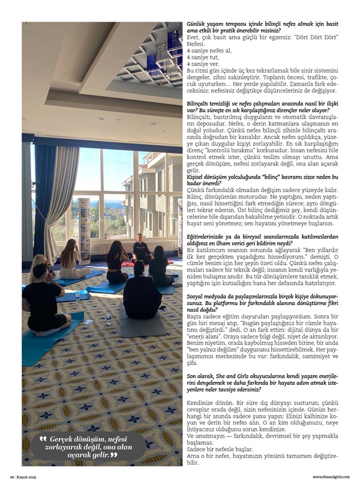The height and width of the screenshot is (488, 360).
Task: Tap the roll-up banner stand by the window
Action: point(84,222)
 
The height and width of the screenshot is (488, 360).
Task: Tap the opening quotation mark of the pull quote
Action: point(43,440)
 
